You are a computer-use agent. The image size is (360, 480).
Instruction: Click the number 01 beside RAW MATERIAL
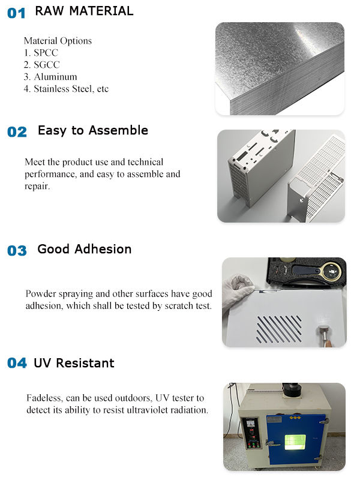pyautogui.click(x=16, y=13)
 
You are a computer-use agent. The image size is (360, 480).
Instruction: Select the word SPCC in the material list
pyautogui.click(x=46, y=53)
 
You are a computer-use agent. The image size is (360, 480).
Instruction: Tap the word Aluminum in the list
pyautogui.click(x=55, y=77)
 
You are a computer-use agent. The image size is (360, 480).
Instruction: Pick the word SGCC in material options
pyautogui.click(x=47, y=65)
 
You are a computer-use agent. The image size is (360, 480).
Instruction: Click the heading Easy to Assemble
pyautogui.click(x=92, y=130)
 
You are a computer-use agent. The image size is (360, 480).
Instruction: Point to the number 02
pyautogui.click(x=17, y=132)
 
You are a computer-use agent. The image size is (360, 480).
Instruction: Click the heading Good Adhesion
pyautogui.click(x=84, y=249)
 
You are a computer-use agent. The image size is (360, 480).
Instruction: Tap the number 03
pyautogui.click(x=17, y=250)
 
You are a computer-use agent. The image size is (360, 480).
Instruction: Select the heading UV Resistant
pyautogui.click(x=74, y=363)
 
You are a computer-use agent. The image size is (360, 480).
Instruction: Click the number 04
pyautogui.click(x=17, y=363)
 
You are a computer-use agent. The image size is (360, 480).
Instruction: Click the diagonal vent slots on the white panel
pyautogui.click(x=280, y=328)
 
